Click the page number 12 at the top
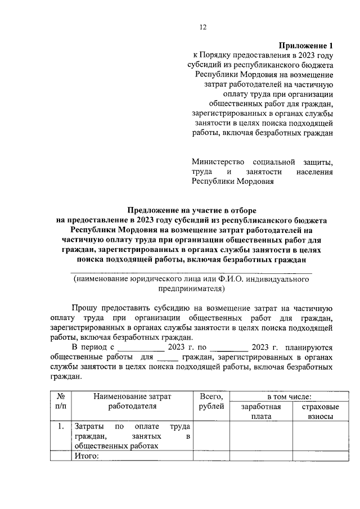(204, 26)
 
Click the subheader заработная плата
(262, 411)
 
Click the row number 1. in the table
(61, 426)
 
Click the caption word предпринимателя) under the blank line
(191, 289)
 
